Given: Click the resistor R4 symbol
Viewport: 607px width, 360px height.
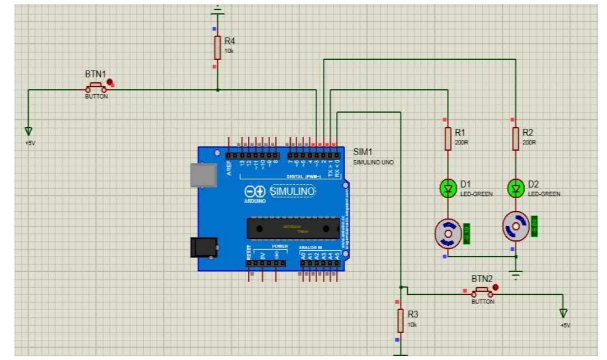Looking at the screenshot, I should pos(217,48).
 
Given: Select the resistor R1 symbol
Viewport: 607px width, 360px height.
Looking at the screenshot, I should pos(447,139).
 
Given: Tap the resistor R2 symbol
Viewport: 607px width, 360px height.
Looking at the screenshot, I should pos(515,138).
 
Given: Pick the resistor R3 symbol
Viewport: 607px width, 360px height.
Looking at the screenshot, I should pos(400,320).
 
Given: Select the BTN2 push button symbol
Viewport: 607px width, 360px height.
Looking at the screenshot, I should pos(482,292).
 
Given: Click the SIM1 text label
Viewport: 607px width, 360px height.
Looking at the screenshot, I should pos(363,152).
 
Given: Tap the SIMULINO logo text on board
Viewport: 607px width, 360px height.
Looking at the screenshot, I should pos(293,191).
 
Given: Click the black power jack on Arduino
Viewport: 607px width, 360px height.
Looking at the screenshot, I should pos(203,247).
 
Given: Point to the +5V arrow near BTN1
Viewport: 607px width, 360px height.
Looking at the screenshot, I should pos(28,131).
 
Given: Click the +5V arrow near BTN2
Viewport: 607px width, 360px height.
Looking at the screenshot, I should pos(563,314).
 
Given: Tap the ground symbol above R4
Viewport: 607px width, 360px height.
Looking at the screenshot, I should pos(217,10).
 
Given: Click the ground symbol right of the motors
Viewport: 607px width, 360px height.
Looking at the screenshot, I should pos(516,274).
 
